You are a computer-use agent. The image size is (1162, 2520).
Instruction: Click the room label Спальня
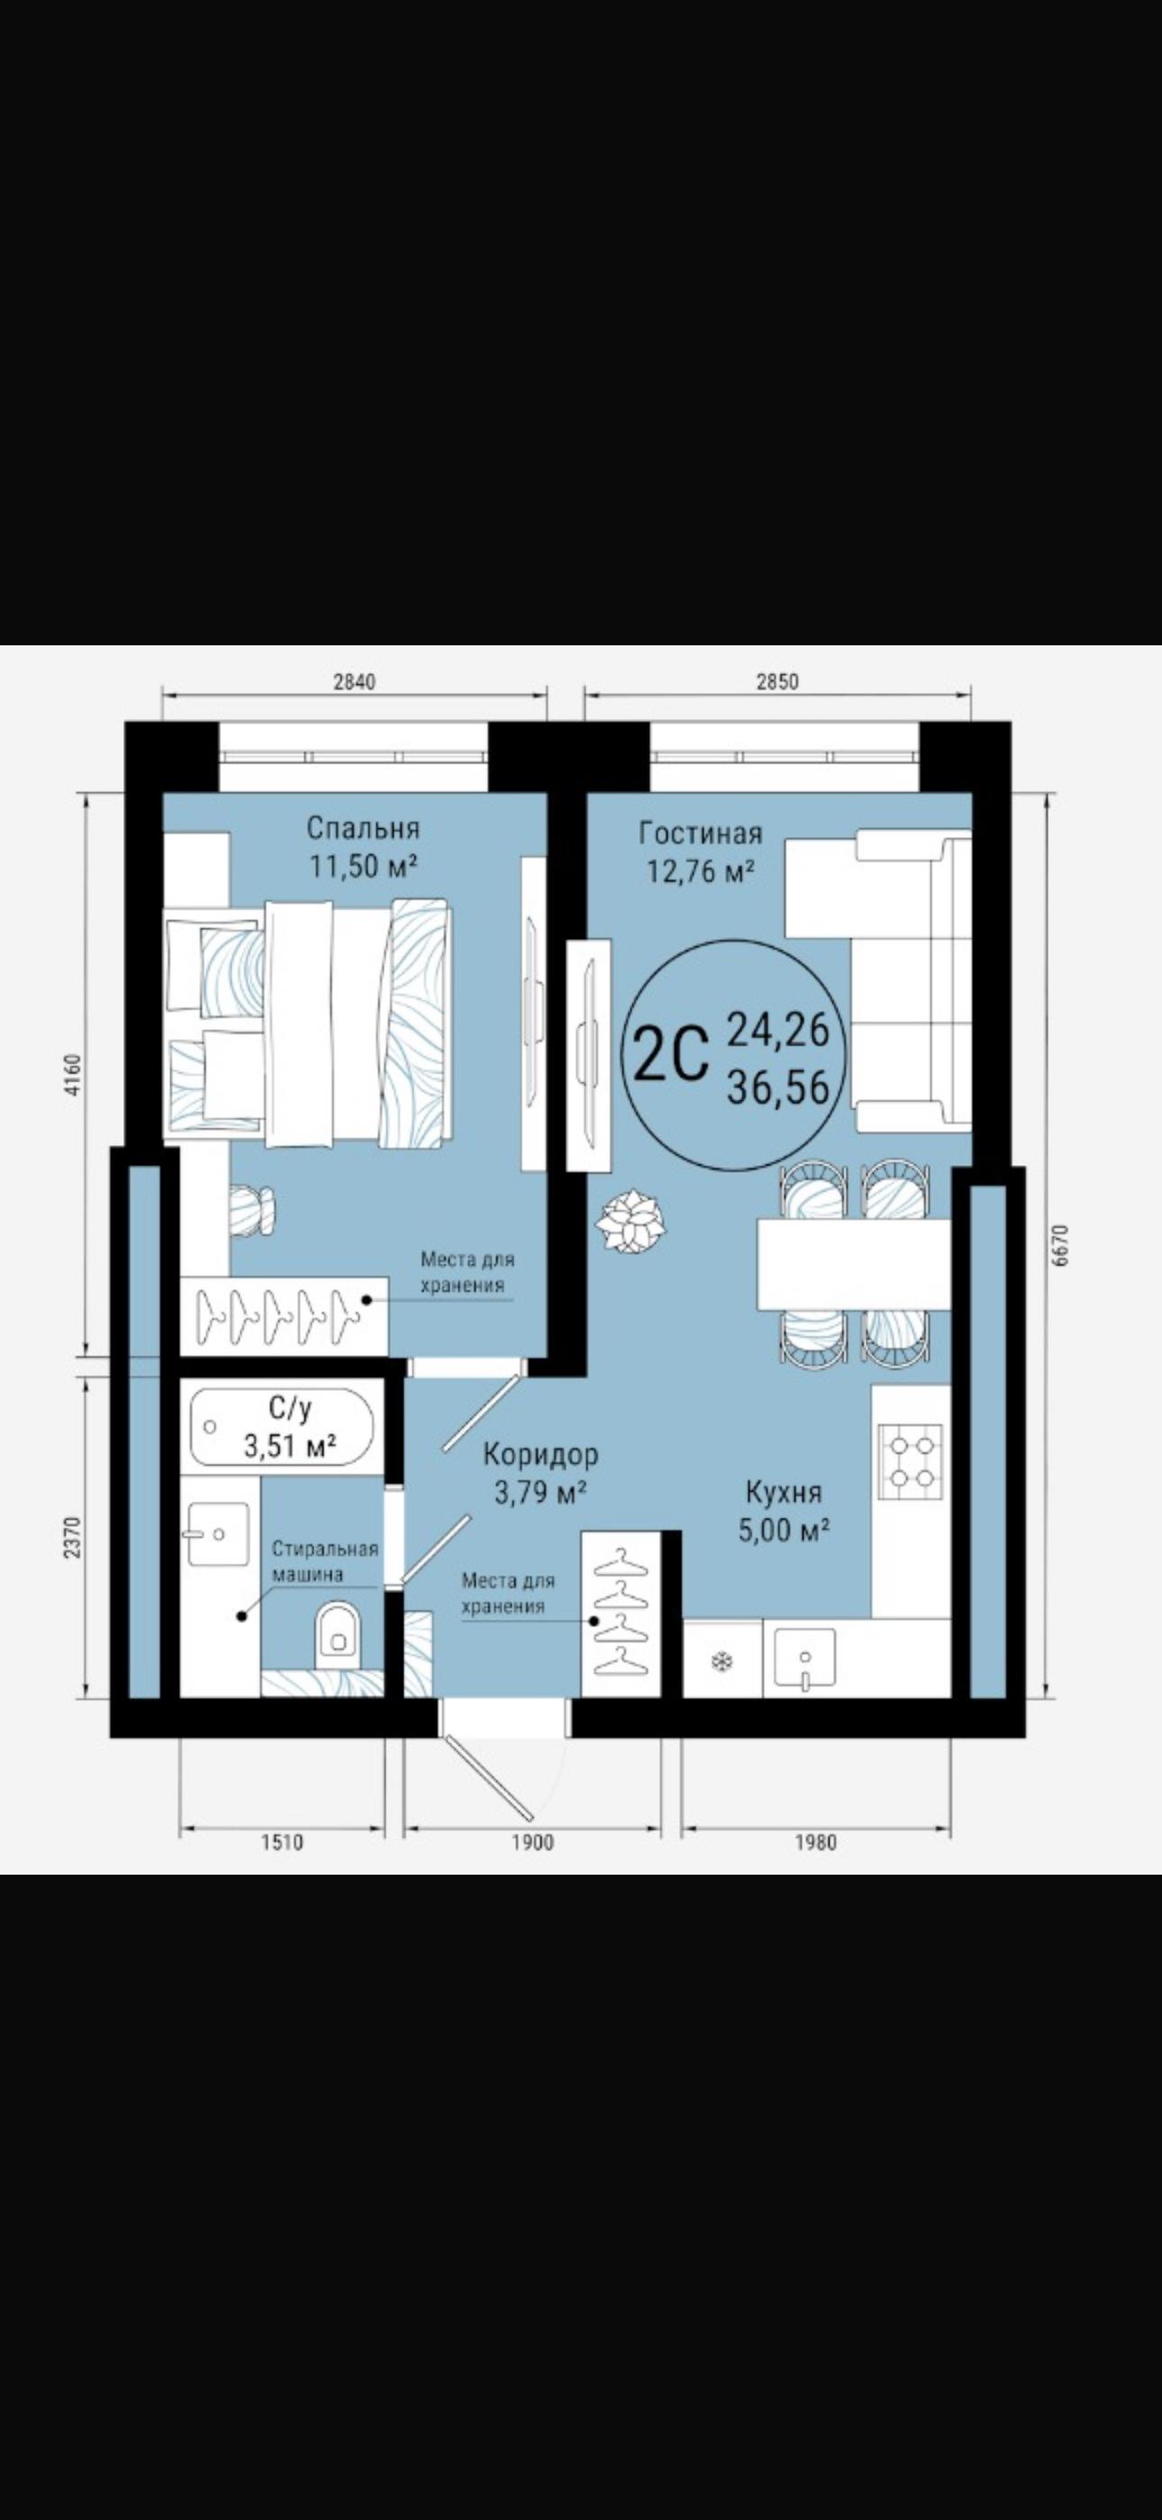363,828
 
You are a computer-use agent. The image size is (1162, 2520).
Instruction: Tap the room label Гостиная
700,834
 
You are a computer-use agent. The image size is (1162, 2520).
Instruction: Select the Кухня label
784,1492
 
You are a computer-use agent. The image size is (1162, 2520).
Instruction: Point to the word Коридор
540,1455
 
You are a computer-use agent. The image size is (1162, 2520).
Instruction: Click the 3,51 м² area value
290,1445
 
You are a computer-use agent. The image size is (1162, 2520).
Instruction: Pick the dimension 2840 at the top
354,682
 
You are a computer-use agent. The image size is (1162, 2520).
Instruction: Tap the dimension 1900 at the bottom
532,1842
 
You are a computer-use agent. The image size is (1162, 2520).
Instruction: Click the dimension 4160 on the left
78,1076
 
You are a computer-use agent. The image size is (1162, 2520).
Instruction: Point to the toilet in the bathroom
339,1630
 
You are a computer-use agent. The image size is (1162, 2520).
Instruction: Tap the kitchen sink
804,1658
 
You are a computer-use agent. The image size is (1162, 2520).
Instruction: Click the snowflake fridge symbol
722,1661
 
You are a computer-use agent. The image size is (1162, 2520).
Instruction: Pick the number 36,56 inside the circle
777,1087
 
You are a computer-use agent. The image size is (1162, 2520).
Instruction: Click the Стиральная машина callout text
325,1561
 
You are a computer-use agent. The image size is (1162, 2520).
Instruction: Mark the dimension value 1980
815,1842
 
